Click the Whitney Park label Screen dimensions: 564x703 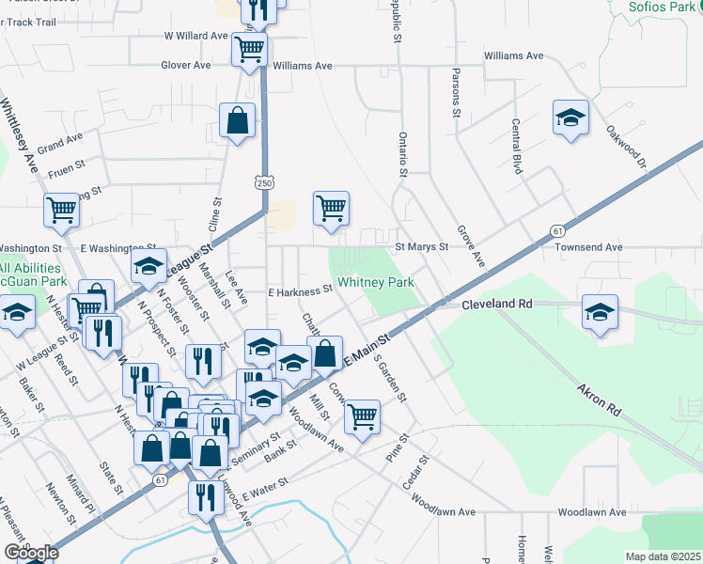(x=376, y=282)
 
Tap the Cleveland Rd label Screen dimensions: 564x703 (x=496, y=305)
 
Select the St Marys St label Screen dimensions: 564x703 (x=421, y=247)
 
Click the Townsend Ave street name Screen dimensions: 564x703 (x=589, y=247)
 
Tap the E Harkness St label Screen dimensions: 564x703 (x=301, y=291)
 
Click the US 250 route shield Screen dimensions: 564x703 (x=263, y=181)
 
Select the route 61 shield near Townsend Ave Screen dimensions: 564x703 (x=558, y=230)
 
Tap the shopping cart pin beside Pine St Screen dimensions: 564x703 (x=362, y=415)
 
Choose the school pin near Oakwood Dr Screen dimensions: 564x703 (x=570, y=117)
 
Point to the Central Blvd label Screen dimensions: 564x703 (x=516, y=146)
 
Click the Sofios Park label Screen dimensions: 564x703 (x=666, y=8)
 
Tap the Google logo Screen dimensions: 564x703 (x=31, y=553)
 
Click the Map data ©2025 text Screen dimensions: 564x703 (x=664, y=556)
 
